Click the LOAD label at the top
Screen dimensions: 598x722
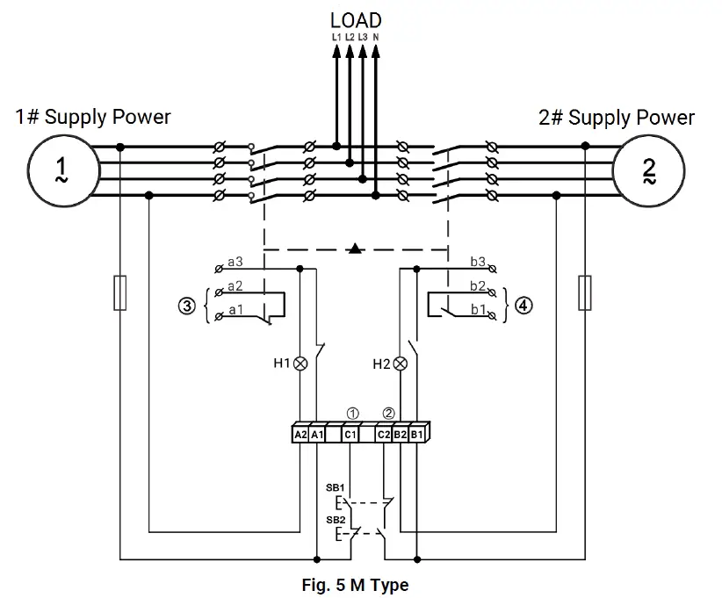pos(356,19)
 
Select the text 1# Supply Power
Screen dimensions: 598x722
pos(93,117)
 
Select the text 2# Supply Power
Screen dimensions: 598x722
pos(617,117)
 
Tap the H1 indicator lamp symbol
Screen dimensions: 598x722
pos(301,363)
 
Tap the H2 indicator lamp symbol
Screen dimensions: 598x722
pos(401,363)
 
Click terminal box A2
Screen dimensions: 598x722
pos(300,434)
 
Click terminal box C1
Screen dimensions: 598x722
pos(350,434)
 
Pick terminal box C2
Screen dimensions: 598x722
pos(384,434)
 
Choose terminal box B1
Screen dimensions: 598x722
pos(417,434)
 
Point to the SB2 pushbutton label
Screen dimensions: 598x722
pos(336,520)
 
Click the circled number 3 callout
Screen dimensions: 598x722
pos(185,306)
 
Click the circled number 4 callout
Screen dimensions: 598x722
pos(523,306)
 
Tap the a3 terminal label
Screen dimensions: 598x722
pos(235,262)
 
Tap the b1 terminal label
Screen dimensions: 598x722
pos(478,310)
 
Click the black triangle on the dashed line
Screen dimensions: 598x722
pos(355,249)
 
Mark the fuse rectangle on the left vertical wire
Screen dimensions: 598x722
pos(120,292)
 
